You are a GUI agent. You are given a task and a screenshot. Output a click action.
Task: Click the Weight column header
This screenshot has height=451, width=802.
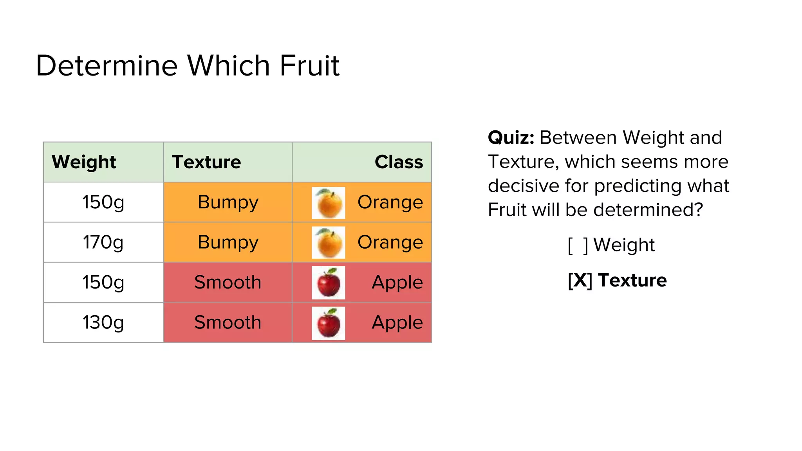[x=84, y=162]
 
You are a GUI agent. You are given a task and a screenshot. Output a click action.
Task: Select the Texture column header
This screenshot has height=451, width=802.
[x=206, y=162]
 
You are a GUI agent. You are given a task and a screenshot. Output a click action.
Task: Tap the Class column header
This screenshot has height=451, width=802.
[x=399, y=162]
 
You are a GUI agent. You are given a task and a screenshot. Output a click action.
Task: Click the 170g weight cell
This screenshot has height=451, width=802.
[x=103, y=242]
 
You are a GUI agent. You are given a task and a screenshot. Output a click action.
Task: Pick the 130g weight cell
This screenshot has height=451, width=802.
[x=103, y=323]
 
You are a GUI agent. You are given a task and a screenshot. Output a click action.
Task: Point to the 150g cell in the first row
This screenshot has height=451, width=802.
[x=103, y=202]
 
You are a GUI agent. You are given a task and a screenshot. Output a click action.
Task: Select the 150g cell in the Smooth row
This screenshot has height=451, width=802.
[x=103, y=282]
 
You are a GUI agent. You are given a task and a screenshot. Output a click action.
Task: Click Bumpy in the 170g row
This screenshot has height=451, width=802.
[x=228, y=242]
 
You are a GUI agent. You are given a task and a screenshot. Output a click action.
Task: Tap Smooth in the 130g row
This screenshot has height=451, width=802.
[x=228, y=323]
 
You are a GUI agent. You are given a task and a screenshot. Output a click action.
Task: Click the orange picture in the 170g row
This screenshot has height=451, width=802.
[x=329, y=243]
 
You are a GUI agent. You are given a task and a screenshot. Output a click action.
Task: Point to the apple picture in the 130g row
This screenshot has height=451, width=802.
[x=329, y=323]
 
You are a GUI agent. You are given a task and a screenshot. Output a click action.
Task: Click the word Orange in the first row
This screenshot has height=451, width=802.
[x=390, y=202]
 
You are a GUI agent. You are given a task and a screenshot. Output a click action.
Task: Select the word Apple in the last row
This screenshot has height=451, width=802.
[x=397, y=323]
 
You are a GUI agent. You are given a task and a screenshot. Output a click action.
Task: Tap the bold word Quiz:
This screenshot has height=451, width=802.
[x=511, y=138]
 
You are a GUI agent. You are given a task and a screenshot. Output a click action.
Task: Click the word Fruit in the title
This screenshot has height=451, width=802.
[x=309, y=65]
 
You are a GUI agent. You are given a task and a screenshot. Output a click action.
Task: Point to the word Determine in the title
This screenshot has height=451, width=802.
[x=107, y=65]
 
